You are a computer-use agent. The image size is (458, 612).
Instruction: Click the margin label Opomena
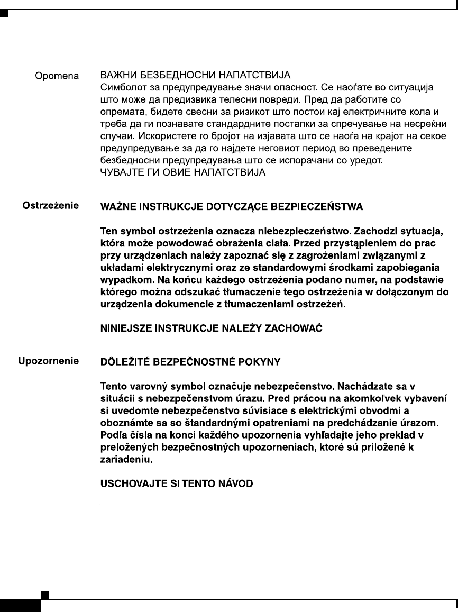point(57,76)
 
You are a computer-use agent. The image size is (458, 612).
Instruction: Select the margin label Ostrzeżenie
point(51,205)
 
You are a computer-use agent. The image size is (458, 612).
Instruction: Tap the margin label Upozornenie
point(49,362)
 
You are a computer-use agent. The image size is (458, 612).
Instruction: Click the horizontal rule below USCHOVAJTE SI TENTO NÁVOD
point(275,505)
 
